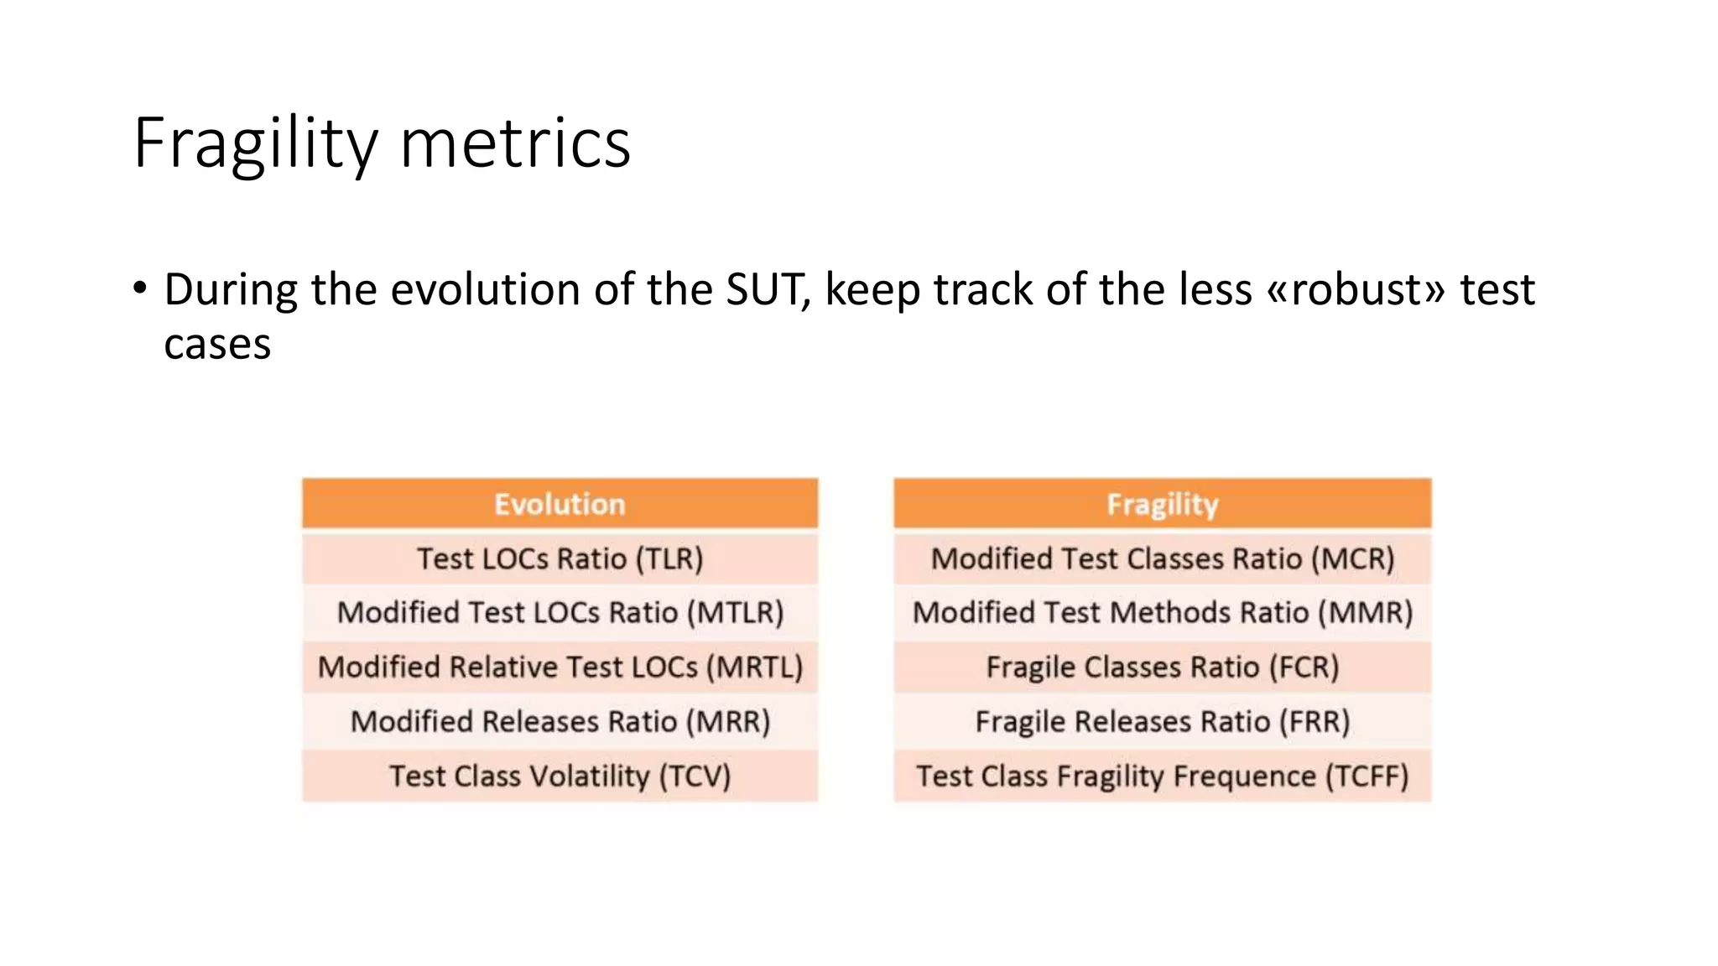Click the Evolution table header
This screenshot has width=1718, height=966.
[x=560, y=504]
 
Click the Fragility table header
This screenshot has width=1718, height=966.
[x=1162, y=504]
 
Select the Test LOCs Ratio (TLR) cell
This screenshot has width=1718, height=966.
[x=560, y=558]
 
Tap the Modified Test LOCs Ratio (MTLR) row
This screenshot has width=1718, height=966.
[x=560, y=612]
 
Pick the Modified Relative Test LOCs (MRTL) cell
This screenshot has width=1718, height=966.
[x=560, y=667]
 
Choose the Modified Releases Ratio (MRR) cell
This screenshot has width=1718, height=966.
[x=560, y=721]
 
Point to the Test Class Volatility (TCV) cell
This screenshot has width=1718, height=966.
[x=560, y=776]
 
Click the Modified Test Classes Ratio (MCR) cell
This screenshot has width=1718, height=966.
[x=1162, y=558]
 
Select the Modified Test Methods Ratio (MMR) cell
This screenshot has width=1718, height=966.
[x=1162, y=612]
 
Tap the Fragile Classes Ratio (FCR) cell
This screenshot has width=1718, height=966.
[x=1162, y=667]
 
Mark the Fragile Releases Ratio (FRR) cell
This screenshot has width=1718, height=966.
[x=1162, y=721]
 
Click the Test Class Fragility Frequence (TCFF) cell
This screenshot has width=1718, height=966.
[x=1162, y=776]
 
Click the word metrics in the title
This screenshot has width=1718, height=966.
[x=515, y=144]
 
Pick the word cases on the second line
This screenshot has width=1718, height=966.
[x=217, y=345]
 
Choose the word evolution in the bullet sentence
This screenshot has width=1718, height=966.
[x=485, y=289]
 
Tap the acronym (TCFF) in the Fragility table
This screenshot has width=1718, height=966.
[x=1367, y=776]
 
